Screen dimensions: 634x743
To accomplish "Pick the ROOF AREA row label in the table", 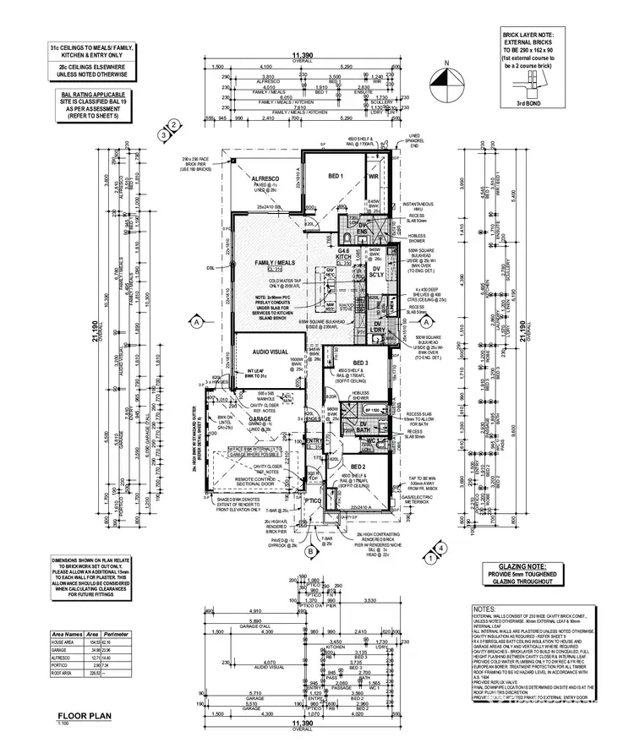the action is coord(63,673).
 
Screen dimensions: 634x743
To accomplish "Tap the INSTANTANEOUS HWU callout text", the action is coord(418,206).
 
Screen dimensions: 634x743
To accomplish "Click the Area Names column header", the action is coord(65,631).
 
